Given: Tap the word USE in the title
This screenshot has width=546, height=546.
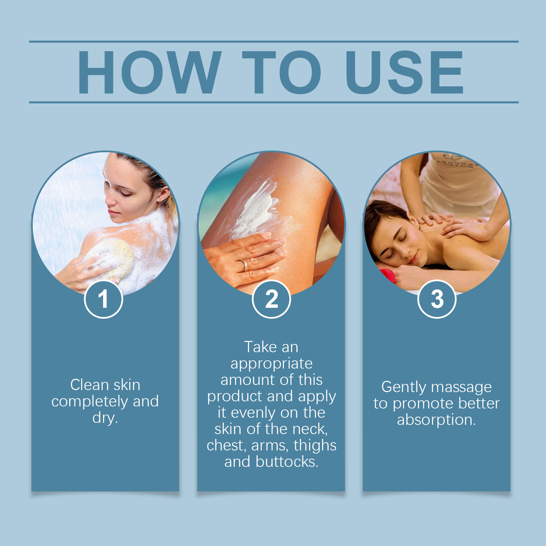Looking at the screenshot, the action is pos(404,72).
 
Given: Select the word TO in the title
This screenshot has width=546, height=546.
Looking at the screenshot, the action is pos(282,72).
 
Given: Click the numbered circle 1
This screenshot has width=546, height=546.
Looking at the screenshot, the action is pos(103,299).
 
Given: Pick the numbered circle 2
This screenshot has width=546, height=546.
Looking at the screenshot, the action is pos(271,299).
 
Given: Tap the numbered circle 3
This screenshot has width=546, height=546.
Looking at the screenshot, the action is pos(437,299).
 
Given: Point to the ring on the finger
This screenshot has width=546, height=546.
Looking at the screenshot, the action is pos(244,265).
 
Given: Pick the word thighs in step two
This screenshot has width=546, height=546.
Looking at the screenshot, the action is pos(315,446).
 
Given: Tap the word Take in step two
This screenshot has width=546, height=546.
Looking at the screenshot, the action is pos(260,347).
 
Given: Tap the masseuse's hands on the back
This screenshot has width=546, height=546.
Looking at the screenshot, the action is pos(454,225).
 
